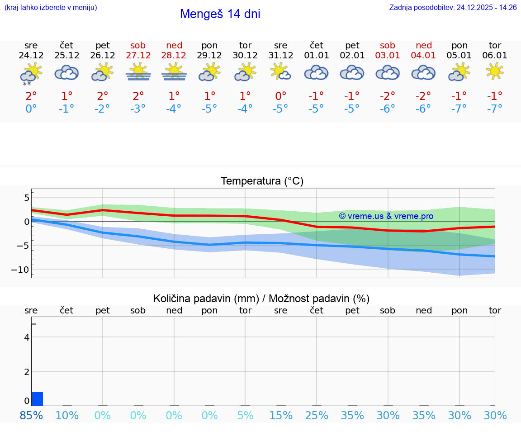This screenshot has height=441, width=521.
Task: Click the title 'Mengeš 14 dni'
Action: click(x=220, y=14)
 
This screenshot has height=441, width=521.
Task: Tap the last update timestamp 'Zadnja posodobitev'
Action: click(x=453, y=8)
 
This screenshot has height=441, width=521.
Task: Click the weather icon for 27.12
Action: click(x=138, y=72)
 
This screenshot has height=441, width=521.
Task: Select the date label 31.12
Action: click(x=281, y=56)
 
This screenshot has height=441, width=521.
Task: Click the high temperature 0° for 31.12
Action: click(x=281, y=96)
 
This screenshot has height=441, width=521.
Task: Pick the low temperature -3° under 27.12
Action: click(x=138, y=109)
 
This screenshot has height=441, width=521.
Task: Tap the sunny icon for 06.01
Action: click(x=495, y=71)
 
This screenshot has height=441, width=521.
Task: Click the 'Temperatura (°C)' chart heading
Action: click(x=262, y=181)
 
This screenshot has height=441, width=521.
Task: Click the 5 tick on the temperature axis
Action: click(x=27, y=198)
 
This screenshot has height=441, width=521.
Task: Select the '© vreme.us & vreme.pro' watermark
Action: click(x=386, y=216)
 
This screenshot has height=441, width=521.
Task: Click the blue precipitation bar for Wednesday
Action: click(x=38, y=399)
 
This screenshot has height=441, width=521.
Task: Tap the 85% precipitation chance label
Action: click(x=31, y=415)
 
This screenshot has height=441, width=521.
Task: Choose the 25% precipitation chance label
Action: click(x=317, y=415)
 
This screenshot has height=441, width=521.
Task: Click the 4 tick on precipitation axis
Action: click(x=27, y=337)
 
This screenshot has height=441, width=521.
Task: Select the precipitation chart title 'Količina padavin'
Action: click(x=206, y=299)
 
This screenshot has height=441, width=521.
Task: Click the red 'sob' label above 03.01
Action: click(x=388, y=45)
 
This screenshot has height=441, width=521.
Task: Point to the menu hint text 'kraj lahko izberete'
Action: click(x=51, y=8)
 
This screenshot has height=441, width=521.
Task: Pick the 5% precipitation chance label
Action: click(x=245, y=415)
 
